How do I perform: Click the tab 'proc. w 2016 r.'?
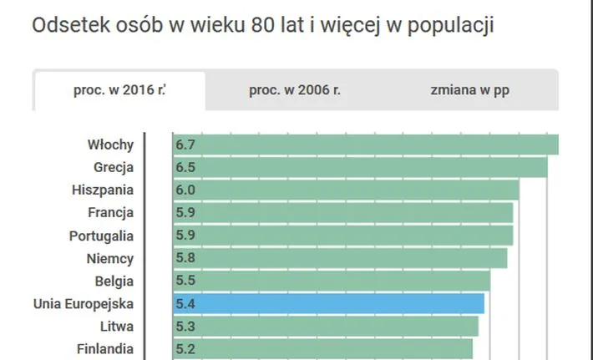119,90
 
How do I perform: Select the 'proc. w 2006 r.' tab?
295,90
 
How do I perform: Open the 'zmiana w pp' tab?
470,90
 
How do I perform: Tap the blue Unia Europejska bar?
329,303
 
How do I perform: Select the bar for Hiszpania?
346,190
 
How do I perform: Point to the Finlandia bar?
322,348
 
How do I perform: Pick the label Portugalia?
101,236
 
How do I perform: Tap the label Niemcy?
110,258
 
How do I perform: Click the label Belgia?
114,281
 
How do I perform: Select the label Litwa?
116,326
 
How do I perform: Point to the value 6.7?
185,145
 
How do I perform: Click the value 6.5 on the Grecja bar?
185,167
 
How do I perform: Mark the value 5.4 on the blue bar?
185,303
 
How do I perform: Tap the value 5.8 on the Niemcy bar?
185,258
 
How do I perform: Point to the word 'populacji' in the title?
454,27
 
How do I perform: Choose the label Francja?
111,212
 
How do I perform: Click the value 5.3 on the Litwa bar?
185,326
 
